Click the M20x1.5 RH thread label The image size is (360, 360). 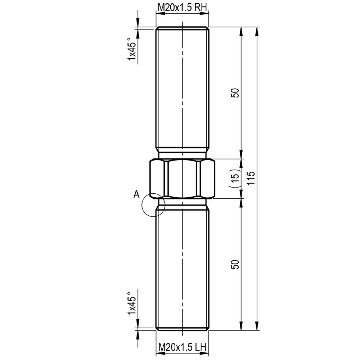[x=182, y=8]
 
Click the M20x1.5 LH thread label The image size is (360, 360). [x=182, y=347]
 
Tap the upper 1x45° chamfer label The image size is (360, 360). [x=132, y=49]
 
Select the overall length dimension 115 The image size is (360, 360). [x=252, y=178]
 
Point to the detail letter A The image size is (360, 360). [x=136, y=194]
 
